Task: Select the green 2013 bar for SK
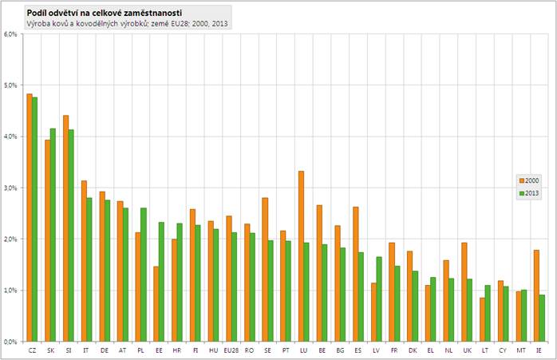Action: pos(53,235)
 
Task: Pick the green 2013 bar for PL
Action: pos(143,275)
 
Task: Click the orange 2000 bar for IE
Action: pos(536,295)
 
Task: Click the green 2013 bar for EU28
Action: pos(234,287)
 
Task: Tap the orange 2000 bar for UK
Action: pos(464,291)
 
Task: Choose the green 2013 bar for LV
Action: pos(378,299)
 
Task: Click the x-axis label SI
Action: pos(68,350)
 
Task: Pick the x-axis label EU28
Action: pos(230,350)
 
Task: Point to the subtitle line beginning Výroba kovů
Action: pos(128,25)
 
